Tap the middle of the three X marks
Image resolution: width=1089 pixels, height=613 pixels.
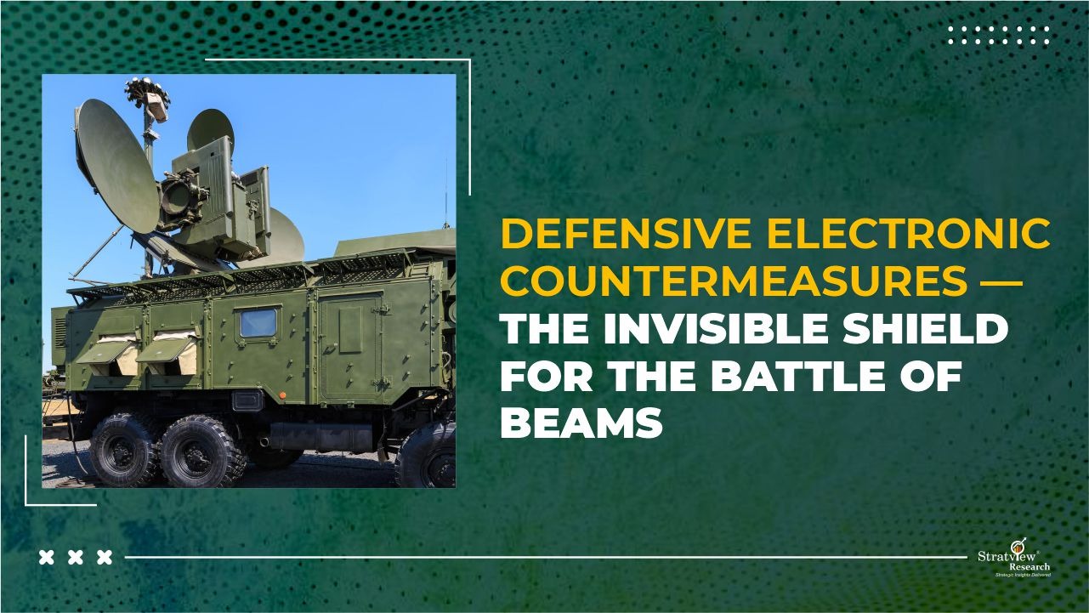coord(76,558)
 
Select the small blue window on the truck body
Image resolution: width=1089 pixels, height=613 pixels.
coord(258,322)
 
